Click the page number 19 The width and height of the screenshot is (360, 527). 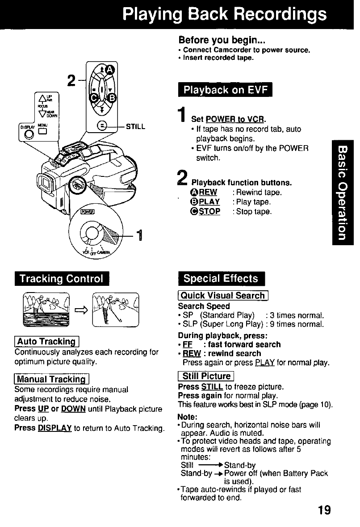[x=324, y=510]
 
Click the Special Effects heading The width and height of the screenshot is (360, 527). [x=221, y=279]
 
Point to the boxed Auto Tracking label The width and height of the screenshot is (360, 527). [x=46, y=342]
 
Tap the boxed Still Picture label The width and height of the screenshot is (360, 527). [x=205, y=376]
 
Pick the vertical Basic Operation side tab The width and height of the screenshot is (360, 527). [x=343, y=192]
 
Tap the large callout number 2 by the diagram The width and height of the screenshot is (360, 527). [x=70, y=81]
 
